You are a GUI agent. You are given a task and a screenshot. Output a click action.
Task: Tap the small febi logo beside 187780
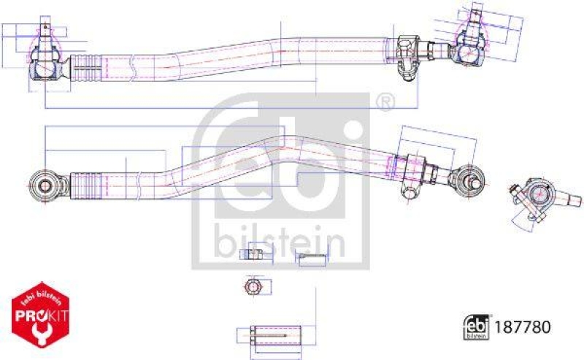point(476,328)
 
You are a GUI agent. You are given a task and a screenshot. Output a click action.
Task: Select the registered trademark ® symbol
point(384,102)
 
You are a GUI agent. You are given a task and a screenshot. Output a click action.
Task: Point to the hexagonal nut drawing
point(253,286)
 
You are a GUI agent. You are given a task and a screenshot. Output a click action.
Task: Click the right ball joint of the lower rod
point(467,178)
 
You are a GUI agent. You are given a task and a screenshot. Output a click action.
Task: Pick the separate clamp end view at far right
point(539,199)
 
